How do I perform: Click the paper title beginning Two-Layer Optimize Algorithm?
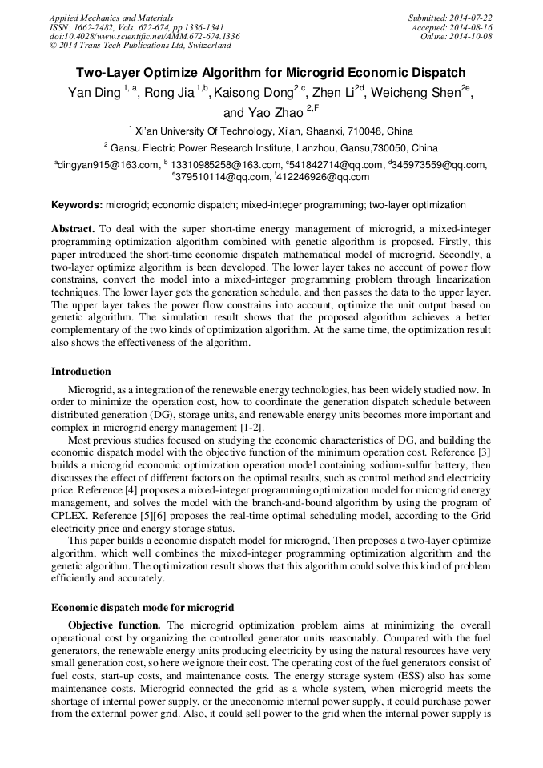point(271,72)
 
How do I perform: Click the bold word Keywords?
point(77,205)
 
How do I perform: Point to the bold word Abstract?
point(73,229)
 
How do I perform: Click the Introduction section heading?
point(81,371)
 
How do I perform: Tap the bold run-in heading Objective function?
point(115,625)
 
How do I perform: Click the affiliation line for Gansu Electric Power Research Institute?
point(271,147)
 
